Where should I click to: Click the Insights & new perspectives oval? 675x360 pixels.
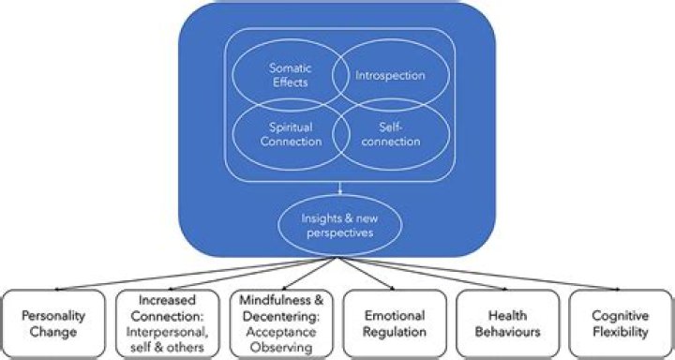[x=339, y=223]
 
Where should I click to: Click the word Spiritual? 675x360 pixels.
[x=291, y=127]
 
